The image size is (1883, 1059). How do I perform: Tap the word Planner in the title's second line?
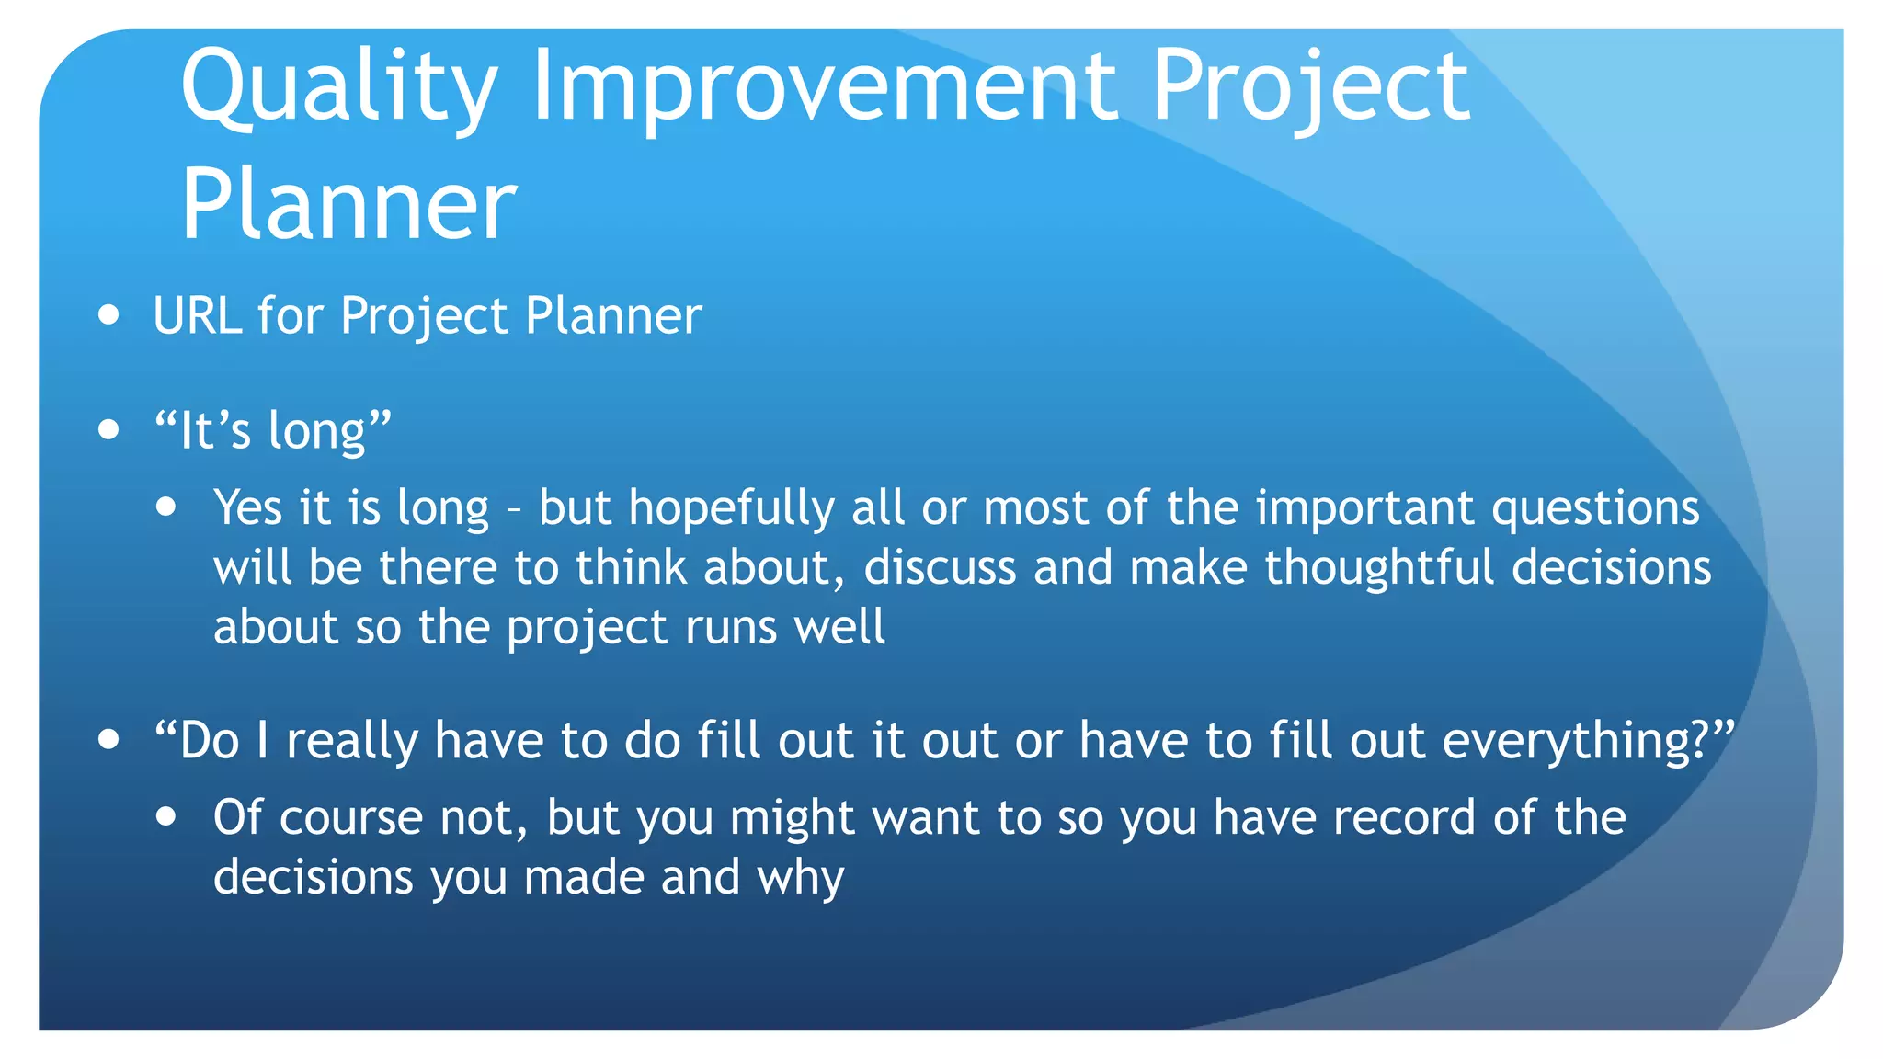[348, 206]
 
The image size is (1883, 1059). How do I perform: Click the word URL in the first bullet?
[197, 316]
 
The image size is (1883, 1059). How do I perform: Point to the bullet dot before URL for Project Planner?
[109, 315]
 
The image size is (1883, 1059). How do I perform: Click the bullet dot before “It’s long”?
[109, 429]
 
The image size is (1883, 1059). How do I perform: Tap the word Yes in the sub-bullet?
[247, 507]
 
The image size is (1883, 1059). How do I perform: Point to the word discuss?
[940, 567]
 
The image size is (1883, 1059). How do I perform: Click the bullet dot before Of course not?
[166, 816]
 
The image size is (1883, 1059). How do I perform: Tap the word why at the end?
[800, 879]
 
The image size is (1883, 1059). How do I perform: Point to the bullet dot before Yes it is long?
[166, 507]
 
